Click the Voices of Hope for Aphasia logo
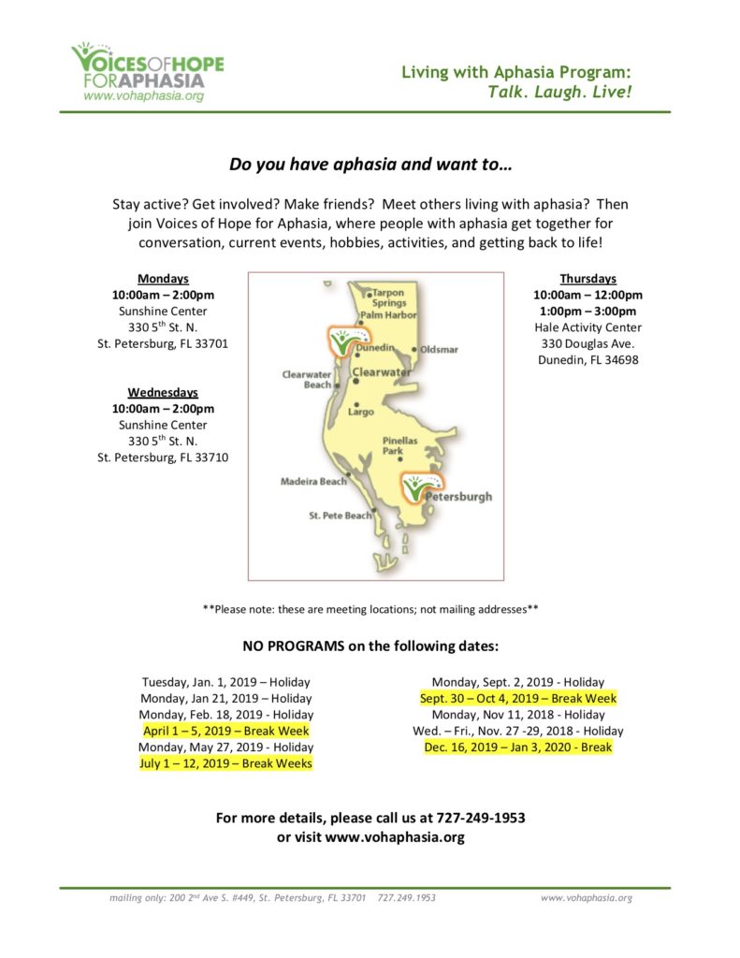tap(148, 71)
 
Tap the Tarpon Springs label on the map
tap(388, 298)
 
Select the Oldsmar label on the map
tap(438, 349)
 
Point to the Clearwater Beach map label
tap(307, 379)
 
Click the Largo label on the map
tap(360, 412)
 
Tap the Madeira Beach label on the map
tap(313, 481)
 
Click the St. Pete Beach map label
tap(340, 515)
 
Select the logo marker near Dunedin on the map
tap(342, 341)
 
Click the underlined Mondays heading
tap(163, 278)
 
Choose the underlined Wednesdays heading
tap(163, 392)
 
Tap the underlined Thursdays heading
tap(588, 278)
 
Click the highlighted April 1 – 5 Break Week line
tap(225, 731)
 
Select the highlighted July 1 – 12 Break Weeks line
tap(225, 763)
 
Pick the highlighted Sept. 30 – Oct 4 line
tap(517, 698)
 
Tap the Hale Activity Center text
tap(588, 327)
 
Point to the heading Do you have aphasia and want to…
tap(370, 165)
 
